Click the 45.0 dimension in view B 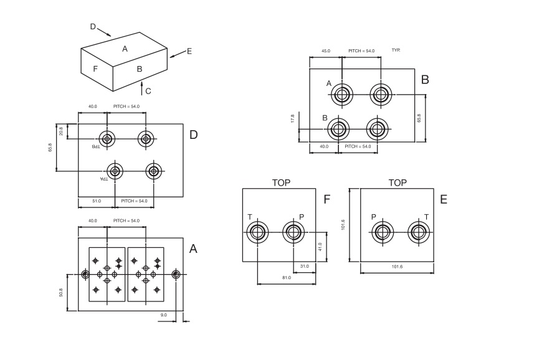tap(326, 51)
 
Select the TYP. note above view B tap(396, 50)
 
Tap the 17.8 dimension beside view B tap(293, 118)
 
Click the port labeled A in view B tap(341, 95)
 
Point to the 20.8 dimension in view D tap(61, 131)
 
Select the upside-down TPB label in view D tap(96, 146)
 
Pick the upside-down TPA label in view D tap(103, 179)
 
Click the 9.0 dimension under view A tap(164, 315)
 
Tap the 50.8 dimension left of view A tap(61, 291)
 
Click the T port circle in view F tap(257, 233)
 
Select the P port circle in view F tap(292, 233)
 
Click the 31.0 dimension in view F tap(304, 267)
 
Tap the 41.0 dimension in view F tap(320, 247)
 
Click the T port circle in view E tap(419, 233)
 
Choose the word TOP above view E tap(397, 183)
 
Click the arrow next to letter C tap(141, 87)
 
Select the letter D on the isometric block tap(93, 27)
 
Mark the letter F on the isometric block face tap(95, 69)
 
